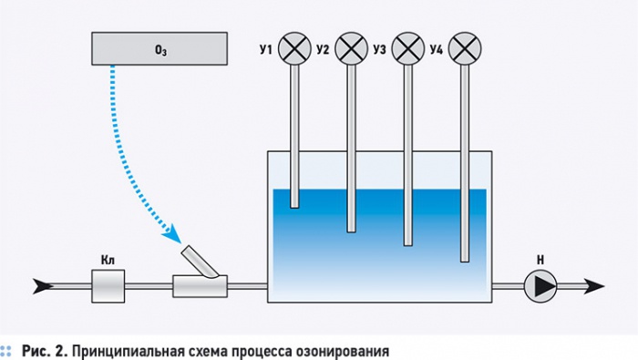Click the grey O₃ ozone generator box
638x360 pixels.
click(x=159, y=47)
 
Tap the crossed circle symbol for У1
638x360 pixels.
click(x=293, y=46)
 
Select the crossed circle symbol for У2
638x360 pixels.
click(x=350, y=46)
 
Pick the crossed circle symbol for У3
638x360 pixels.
click(x=407, y=46)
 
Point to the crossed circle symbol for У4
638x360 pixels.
click(x=465, y=46)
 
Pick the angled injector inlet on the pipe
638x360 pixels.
click(x=201, y=263)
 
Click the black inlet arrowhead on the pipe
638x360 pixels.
click(x=40, y=286)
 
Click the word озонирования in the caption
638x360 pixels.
click(x=345, y=350)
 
